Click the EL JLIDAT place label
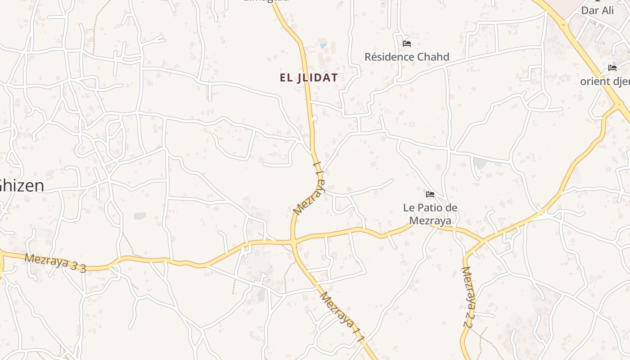309,77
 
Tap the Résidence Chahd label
407,57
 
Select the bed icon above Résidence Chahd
407,44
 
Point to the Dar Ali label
598,10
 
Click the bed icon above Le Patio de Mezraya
430,194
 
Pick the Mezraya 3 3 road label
55,263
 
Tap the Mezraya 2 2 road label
469,297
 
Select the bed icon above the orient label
612,68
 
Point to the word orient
595,81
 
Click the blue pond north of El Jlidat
323,45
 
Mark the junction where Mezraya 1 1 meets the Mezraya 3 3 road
293,242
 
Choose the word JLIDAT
317,77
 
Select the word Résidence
389,57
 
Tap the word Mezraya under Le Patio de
430,221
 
